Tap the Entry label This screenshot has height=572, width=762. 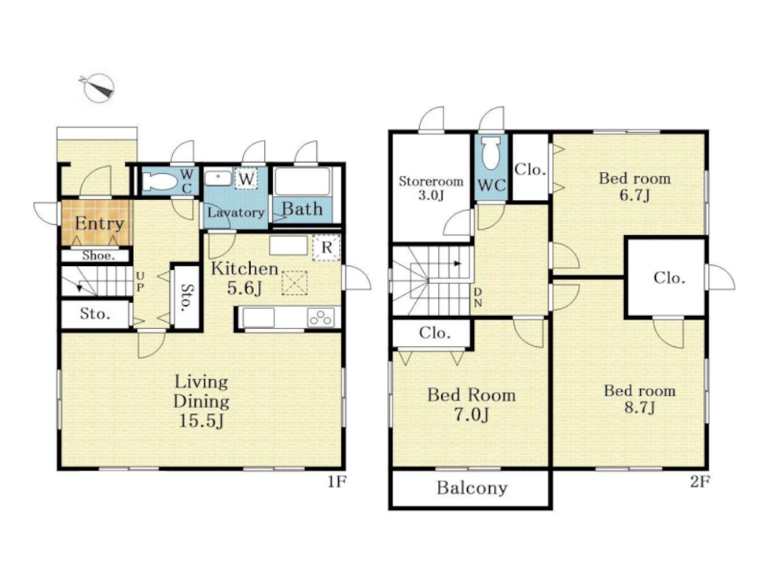click(99, 223)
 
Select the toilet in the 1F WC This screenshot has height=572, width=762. click(160, 182)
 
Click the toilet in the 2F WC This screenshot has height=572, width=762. click(491, 153)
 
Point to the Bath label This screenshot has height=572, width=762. click(303, 209)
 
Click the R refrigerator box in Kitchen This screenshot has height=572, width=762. click(327, 248)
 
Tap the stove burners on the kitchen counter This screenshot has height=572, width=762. click(321, 317)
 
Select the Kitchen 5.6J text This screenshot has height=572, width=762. click(245, 278)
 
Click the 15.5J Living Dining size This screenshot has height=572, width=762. click(201, 420)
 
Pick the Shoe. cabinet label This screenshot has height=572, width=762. click(98, 255)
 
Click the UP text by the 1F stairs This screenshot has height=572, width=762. click(140, 282)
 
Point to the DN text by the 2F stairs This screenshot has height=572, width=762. click(478, 297)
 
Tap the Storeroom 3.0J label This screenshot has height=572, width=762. click(431, 188)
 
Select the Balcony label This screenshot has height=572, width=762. click(472, 488)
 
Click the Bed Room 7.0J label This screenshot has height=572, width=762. click(472, 405)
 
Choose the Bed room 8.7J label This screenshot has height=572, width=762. click(639, 398)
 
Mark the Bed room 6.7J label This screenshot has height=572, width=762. click(635, 186)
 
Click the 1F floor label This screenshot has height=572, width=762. click(336, 482)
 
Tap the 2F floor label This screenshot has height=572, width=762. click(700, 482)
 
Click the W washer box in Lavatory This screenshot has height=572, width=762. click(246, 178)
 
